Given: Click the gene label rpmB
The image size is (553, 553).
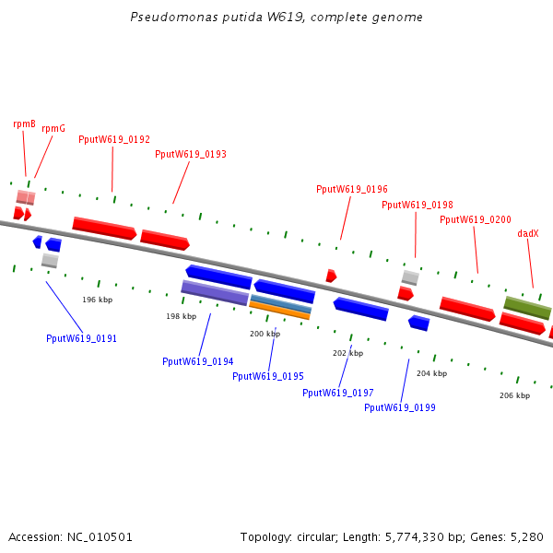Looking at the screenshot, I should [25, 124].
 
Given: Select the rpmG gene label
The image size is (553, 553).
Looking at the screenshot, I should [53, 129].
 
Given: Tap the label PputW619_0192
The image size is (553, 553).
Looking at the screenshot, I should [114, 140].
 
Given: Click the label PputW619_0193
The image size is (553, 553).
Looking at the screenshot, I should [191, 155].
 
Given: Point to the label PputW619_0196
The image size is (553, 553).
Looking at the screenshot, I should [352, 189].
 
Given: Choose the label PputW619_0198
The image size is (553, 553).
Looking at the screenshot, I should [418, 205].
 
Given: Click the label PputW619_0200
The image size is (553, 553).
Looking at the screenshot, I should [476, 219].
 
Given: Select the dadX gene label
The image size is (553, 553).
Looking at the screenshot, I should [528, 234].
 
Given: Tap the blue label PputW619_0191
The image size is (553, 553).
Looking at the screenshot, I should [82, 338].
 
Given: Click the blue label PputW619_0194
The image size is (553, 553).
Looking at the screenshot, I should [197, 361].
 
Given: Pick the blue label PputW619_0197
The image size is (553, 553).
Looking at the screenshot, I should [338, 393].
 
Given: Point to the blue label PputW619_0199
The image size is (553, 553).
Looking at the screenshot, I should [400, 407].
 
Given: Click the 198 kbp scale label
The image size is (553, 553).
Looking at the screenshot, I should [181, 316].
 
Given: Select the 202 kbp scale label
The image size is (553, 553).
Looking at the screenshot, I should [347, 353].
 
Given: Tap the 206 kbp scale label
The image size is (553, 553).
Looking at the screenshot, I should [514, 395].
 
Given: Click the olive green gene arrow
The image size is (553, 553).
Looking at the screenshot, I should [527, 308].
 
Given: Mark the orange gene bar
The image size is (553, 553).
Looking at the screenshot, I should [280, 312].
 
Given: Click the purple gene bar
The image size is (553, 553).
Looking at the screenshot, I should [215, 292].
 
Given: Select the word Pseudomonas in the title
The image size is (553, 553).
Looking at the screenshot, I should [162, 18].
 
